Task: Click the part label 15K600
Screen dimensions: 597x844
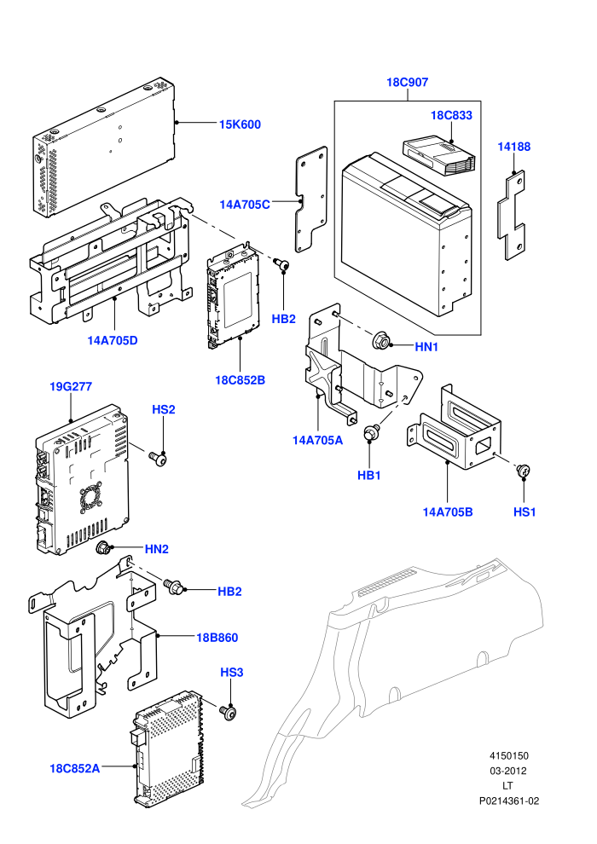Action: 240,124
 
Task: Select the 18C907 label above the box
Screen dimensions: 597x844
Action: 407,83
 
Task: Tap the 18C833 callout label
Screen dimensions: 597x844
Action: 451,115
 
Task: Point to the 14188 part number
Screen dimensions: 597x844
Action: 513,147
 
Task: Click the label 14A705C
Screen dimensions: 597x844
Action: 245,205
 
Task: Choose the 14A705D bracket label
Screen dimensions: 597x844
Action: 113,340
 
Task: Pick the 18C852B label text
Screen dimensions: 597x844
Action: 241,380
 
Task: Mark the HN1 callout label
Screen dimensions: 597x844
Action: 426,347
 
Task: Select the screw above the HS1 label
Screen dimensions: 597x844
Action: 524,470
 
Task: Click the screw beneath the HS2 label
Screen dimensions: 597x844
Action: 159,459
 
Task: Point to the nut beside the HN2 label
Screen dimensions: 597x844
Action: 103,548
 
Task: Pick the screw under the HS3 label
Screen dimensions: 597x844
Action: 229,712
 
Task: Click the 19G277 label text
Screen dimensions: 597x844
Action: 71,386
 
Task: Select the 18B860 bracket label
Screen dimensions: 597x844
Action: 217,638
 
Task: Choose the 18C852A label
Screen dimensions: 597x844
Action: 75,768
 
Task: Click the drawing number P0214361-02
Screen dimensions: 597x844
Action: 509,801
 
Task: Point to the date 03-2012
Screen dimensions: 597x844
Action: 508,771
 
